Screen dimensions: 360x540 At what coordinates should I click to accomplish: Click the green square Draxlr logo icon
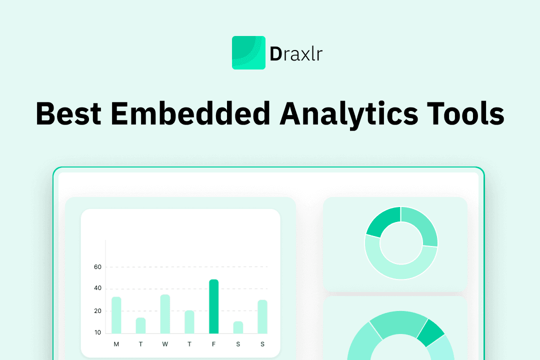coord(248,52)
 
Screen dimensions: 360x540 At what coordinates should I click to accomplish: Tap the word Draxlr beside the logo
coord(296,53)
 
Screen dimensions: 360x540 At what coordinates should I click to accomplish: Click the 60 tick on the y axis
coord(97,267)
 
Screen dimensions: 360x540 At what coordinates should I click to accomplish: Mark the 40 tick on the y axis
coord(97,288)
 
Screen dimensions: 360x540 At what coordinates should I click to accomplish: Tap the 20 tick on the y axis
coord(97,311)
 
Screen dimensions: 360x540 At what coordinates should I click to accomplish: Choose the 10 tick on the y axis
coord(97,332)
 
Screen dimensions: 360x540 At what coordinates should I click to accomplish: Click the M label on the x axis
coord(116,344)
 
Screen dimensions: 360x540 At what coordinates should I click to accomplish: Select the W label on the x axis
coord(165,344)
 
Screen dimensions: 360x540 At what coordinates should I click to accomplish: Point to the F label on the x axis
coord(214,344)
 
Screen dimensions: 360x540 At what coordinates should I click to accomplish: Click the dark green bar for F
coord(214,306)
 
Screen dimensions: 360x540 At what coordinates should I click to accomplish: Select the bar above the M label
coord(116,315)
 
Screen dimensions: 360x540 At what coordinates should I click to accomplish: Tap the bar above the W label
coord(165,314)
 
